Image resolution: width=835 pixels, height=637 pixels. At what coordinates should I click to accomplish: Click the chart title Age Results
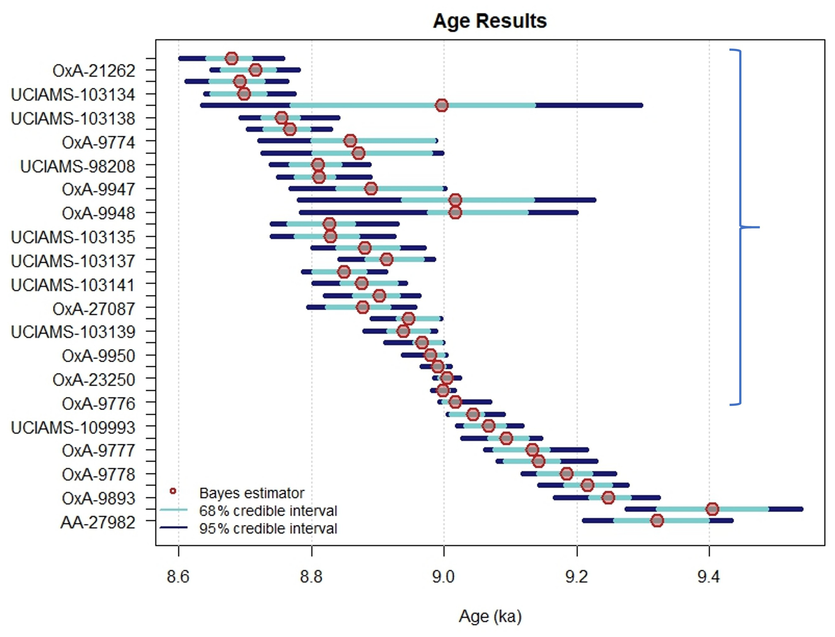pos(490,21)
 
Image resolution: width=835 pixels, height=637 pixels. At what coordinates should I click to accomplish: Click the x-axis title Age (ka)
pos(490,616)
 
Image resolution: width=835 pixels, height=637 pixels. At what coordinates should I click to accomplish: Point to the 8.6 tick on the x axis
pos(178,577)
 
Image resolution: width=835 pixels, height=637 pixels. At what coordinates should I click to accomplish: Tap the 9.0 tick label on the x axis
pos(443,577)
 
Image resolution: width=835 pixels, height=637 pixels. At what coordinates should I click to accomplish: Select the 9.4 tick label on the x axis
pos(709,577)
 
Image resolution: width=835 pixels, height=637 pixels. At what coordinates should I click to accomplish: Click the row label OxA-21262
pos(94,71)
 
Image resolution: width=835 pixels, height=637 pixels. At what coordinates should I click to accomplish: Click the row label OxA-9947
pos(99,189)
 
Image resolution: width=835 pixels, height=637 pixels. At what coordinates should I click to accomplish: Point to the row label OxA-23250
pos(94,379)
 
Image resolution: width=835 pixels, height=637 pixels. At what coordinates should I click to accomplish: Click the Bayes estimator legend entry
pos(251,493)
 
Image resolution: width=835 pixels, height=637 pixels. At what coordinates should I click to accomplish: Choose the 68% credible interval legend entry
pos(268,511)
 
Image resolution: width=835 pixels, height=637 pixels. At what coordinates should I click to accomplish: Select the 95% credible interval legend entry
pos(268,528)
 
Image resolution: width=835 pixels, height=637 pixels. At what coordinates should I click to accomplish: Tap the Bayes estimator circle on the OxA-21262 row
pos(256,70)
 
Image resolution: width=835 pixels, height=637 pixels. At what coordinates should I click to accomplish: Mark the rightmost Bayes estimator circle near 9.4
pos(712,509)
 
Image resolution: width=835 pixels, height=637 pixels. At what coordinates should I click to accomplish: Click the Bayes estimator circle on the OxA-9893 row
pos(608,497)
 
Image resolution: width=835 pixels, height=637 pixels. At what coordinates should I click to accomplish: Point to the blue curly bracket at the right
pos(741,228)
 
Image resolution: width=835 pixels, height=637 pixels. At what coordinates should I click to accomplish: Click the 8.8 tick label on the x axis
pos(311,577)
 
